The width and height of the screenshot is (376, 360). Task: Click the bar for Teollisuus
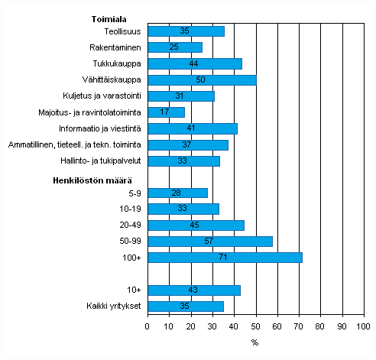click(186, 31)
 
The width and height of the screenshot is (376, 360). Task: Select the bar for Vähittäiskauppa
click(202, 79)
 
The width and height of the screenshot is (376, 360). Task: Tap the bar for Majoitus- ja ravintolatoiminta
click(166, 112)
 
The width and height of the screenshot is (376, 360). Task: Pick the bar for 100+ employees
click(225, 258)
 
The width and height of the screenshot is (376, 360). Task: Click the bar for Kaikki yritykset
click(186, 306)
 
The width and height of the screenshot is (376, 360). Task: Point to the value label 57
click(209, 242)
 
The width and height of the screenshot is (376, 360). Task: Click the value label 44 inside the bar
click(194, 63)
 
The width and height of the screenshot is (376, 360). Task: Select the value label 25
click(174, 47)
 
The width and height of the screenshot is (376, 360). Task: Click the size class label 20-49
click(131, 225)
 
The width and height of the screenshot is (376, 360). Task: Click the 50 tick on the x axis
click(255, 326)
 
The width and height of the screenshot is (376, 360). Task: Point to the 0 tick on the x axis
click(147, 326)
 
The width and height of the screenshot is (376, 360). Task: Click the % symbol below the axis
click(254, 342)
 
